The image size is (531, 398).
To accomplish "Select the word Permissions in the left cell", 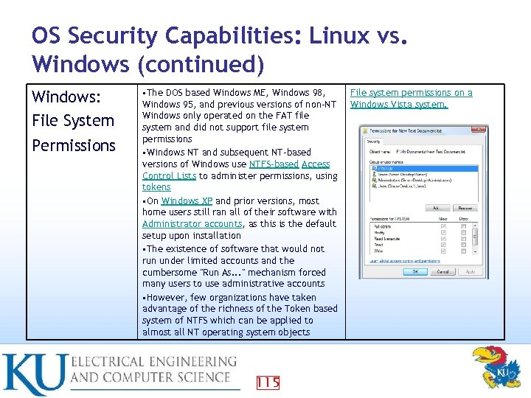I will (x=74, y=145).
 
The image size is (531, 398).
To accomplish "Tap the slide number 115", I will (x=268, y=382).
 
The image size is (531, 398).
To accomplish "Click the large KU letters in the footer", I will (x=33, y=374).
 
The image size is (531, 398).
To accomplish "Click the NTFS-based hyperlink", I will (x=274, y=164).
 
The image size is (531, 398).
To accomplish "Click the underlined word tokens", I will (x=156, y=187).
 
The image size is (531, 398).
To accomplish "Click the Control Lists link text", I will (x=169, y=176).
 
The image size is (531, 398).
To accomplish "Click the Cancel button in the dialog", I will (x=443, y=271).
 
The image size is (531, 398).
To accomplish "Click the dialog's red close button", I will (x=477, y=130).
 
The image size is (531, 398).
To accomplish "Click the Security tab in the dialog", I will (x=373, y=141).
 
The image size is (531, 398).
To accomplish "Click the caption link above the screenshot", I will (x=411, y=98).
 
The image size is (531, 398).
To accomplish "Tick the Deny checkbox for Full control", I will (x=463, y=226).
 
